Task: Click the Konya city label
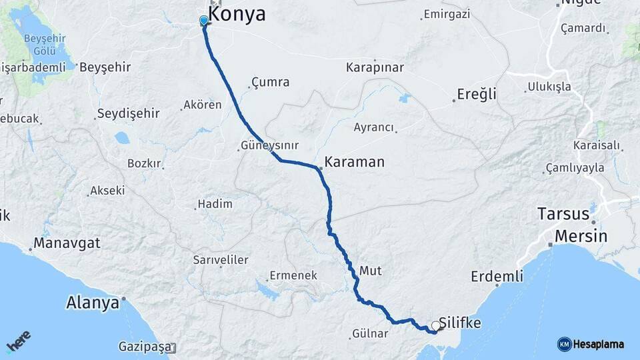click(x=237, y=15)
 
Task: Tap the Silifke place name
click(x=461, y=323)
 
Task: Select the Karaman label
click(x=355, y=161)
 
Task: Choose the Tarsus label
click(x=563, y=214)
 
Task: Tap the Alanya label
click(x=92, y=303)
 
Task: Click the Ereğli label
click(x=477, y=94)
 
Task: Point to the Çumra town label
click(x=270, y=83)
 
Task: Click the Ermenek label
click(x=293, y=275)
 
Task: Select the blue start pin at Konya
click(x=204, y=21)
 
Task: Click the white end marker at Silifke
click(x=436, y=326)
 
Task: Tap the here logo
click(x=19, y=341)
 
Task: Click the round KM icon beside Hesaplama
click(x=564, y=344)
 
